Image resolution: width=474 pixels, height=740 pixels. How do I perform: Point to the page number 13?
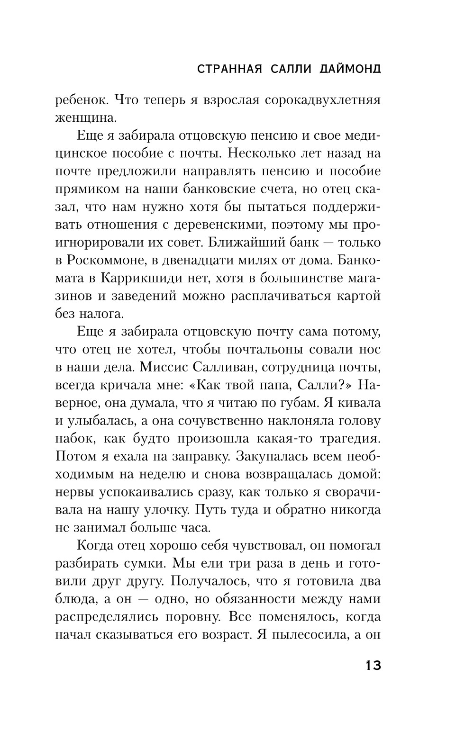tap(373, 665)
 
